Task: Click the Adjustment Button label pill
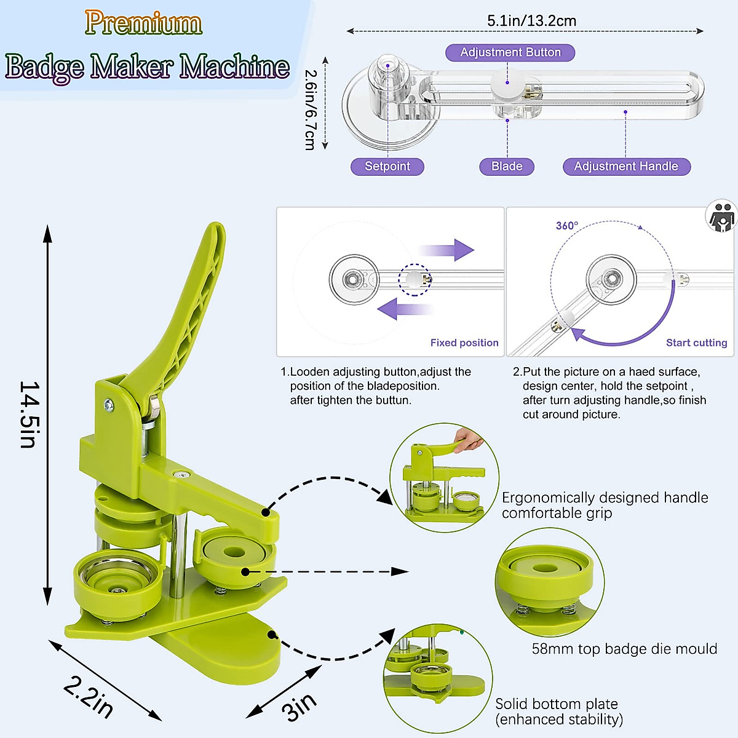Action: [510, 53]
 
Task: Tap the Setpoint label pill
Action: [387, 167]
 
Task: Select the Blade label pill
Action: [507, 167]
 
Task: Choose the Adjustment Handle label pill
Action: [626, 167]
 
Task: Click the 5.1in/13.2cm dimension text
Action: [531, 21]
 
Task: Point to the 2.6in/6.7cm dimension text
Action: [311, 109]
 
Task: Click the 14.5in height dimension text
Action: [29, 414]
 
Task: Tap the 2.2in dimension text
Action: [89, 697]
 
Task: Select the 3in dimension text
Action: [299, 707]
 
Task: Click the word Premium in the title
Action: [143, 23]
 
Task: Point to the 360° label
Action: [566, 226]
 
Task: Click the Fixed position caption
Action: [464, 343]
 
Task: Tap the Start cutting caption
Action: [696, 343]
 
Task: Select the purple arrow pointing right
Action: [447, 250]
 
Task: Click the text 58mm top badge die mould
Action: [624, 649]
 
